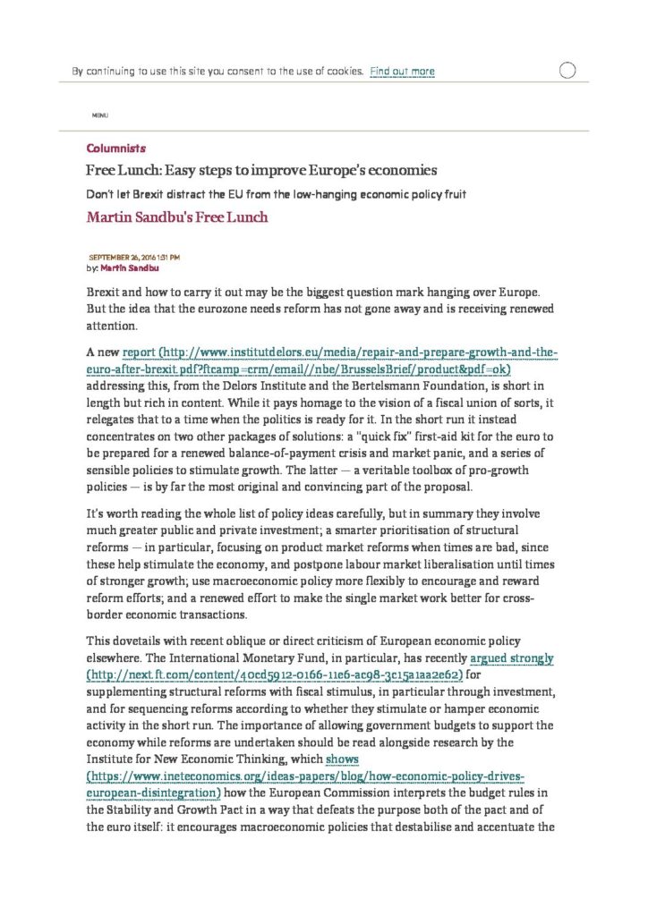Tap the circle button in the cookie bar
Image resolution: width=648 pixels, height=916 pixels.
[567, 72]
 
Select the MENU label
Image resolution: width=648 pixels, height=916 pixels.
[100, 116]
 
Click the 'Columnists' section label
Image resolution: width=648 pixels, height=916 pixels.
[115, 148]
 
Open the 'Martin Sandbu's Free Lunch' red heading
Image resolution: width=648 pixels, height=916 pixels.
[176, 216]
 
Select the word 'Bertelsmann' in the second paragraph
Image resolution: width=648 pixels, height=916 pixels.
[373, 387]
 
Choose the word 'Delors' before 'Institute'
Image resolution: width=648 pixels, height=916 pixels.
[235, 387]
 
